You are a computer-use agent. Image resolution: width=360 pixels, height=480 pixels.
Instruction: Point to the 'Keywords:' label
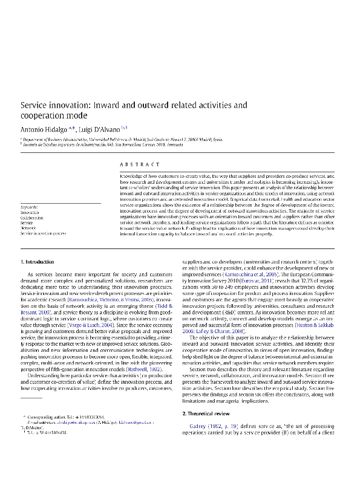click(x=30, y=207)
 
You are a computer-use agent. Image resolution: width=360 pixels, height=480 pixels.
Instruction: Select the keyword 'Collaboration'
click(x=33, y=218)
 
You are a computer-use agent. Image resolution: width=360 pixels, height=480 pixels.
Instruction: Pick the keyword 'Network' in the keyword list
click(x=28, y=228)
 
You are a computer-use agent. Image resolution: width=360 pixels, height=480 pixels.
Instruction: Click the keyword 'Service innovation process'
click(x=43, y=233)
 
